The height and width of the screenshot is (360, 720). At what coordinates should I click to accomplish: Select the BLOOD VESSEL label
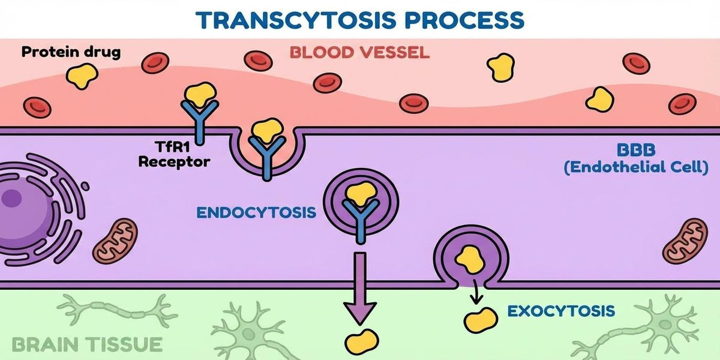click(359, 52)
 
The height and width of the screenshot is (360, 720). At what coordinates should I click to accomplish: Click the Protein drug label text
click(70, 52)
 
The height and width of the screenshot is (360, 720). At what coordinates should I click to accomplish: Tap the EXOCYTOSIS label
click(560, 311)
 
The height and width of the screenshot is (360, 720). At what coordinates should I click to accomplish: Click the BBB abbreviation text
click(634, 150)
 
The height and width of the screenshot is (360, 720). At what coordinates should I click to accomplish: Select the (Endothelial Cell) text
click(635, 167)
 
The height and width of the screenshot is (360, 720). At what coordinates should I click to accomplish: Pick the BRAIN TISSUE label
click(87, 344)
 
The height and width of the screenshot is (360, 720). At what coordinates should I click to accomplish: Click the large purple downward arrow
click(360, 288)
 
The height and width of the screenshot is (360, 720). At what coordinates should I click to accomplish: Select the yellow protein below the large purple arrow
click(361, 341)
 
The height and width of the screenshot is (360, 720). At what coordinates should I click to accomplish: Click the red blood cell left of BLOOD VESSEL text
click(258, 60)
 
